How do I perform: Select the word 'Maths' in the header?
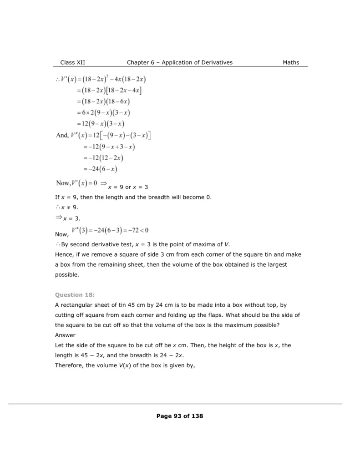291,62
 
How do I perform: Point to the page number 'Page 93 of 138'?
180,416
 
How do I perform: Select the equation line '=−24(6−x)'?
100,169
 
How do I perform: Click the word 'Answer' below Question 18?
65,335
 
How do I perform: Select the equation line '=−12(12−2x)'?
103,158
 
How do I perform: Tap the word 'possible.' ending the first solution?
66,275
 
